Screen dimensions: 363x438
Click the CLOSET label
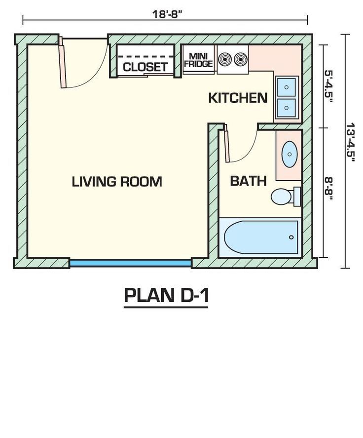tap(145, 67)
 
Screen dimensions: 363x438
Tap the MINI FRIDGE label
tap(198, 60)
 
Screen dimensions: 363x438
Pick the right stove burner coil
tap(241, 59)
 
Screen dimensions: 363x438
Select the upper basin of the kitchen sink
tap(286, 87)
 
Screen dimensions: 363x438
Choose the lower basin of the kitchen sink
tap(286, 108)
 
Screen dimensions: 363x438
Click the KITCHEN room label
tap(238, 98)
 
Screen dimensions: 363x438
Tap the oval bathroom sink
tap(290, 154)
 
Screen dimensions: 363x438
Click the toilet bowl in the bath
tap(281, 197)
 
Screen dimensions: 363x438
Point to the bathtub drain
tap(291, 237)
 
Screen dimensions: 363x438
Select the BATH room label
tap(248, 181)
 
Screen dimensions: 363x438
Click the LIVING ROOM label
tap(117, 182)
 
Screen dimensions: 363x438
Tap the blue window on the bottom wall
tap(130, 263)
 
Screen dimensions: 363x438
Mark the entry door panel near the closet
tap(62, 63)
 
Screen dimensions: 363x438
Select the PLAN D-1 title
tap(167, 295)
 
